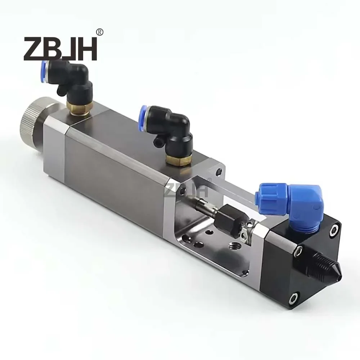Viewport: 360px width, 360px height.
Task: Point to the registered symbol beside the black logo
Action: click(100, 32)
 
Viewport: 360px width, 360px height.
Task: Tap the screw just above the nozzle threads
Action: click(298, 252)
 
